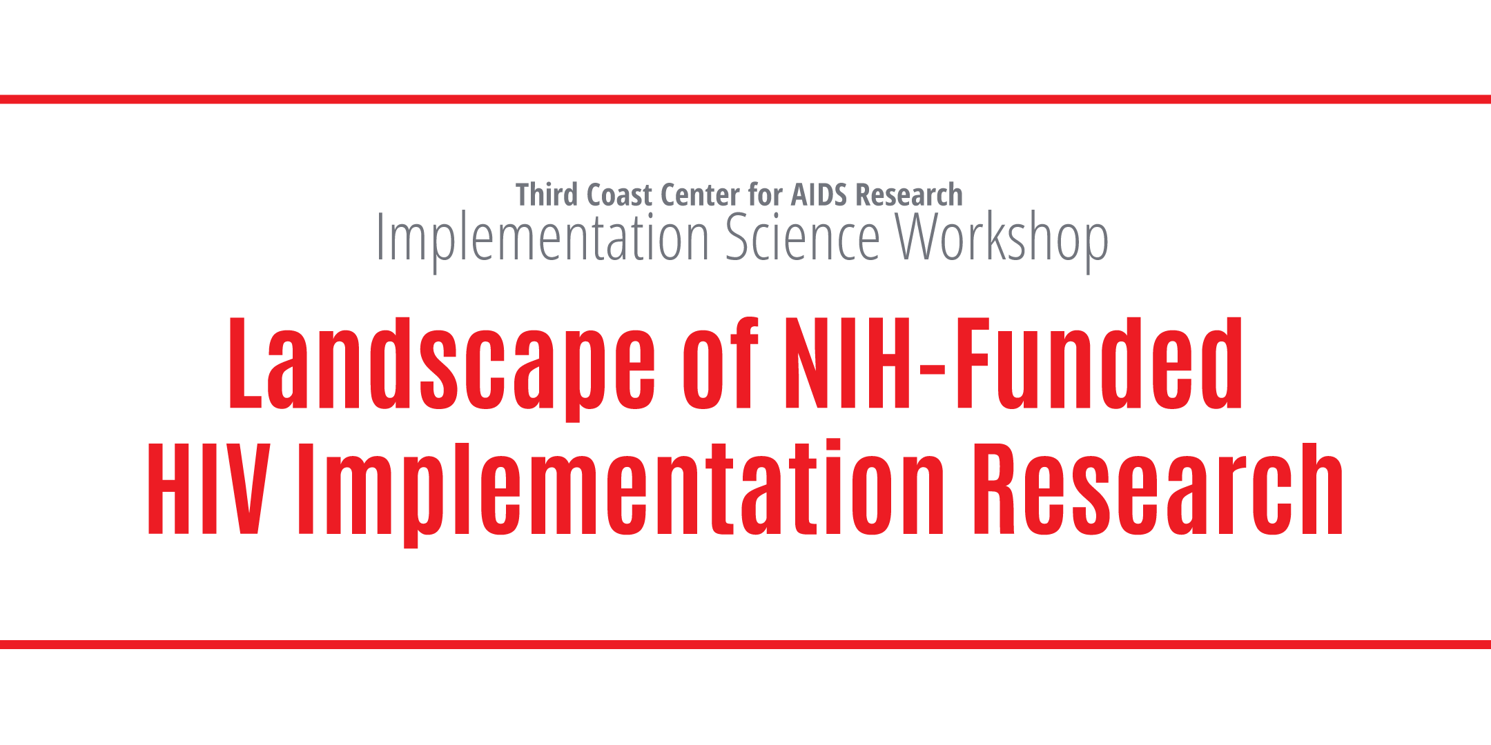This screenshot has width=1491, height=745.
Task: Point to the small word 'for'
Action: [765, 195]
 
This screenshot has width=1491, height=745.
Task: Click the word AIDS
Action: [819, 195]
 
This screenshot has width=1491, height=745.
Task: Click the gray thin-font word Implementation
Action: [543, 239]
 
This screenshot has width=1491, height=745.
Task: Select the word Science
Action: [803, 237]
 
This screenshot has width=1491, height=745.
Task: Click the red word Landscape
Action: [442, 368]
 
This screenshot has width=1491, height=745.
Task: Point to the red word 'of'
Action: [721, 363]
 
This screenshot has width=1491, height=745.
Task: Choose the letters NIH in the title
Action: [848, 363]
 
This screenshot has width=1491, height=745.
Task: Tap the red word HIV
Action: [208, 488]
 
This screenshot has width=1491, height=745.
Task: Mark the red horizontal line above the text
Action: [745, 99]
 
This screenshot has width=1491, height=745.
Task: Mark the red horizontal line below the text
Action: [745, 644]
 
